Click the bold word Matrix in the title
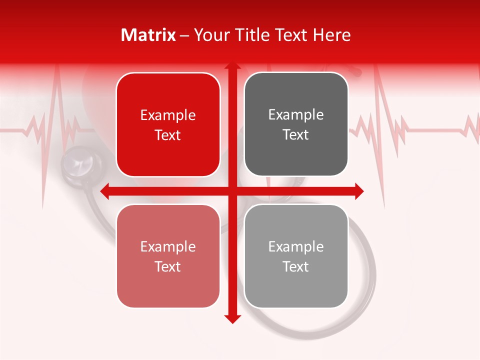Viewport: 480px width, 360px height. pos(148,35)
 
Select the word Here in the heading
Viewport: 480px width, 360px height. pos(331,35)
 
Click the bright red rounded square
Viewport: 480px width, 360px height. pos(168,124)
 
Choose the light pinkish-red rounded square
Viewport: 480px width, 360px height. pos(168,256)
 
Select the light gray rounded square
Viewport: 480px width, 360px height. pos(296,256)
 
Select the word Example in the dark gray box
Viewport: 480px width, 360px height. pos(296,114)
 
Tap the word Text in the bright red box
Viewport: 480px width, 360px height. pos(168,135)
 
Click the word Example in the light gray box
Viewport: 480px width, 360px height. pos(296,246)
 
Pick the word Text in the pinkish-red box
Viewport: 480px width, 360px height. pos(168,266)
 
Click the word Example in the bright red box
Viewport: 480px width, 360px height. pos(168,115)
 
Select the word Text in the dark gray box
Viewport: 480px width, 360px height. pos(296,134)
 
